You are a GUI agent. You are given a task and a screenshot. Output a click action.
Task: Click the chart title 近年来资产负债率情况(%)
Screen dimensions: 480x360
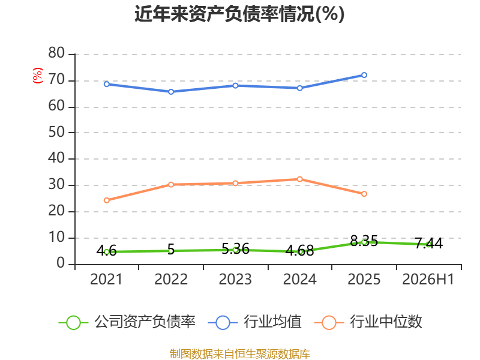pos(239,14)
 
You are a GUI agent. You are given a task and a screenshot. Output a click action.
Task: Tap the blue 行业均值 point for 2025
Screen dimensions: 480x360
pos(364,75)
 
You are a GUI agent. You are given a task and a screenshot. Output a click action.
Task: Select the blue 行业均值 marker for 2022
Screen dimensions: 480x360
pos(171,92)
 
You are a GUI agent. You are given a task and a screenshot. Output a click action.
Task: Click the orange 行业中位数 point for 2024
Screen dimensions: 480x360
pos(299,179)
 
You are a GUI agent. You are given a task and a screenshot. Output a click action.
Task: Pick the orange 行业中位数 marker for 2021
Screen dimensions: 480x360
pos(107,200)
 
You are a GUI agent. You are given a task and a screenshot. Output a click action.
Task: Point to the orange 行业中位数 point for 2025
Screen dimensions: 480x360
pos(364,194)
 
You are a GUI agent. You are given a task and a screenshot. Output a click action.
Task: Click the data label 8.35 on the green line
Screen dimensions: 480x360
pos(364,241)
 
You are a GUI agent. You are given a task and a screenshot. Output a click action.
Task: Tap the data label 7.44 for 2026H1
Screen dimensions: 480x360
pos(428,244)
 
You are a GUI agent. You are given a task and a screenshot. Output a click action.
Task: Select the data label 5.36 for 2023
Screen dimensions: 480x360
pos(235,249)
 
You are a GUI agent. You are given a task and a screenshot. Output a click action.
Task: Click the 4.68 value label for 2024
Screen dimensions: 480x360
pos(299,251)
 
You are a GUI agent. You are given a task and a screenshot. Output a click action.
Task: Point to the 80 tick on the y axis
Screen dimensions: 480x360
pos(56,53)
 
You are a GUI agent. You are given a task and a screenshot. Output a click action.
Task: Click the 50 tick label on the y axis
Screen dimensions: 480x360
pos(56,132)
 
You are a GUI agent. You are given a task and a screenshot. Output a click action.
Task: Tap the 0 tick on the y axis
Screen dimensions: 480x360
pos(61,263)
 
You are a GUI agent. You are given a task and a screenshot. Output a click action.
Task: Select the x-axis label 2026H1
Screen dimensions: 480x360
pos(428,279)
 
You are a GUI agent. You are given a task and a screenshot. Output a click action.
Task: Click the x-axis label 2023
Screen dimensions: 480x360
pos(235,279)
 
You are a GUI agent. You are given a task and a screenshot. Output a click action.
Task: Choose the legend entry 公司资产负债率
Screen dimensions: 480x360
pos(127,322)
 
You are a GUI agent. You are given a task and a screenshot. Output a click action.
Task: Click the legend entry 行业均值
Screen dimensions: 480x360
pos(254,322)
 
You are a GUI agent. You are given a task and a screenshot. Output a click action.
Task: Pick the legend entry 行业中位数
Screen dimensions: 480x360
pos(368,322)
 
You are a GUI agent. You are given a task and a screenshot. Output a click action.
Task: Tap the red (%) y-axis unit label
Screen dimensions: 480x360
pos(38,76)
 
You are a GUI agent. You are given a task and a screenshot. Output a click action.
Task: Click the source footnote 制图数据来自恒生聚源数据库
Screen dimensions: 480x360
pos(239,353)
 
